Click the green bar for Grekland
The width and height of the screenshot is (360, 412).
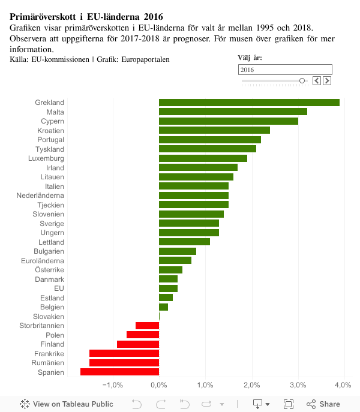click(x=249, y=103)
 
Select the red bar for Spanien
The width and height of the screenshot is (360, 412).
click(x=119, y=372)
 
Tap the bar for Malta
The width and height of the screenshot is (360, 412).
click(x=233, y=112)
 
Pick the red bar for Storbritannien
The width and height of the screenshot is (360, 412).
click(x=147, y=326)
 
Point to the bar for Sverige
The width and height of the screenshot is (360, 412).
click(x=189, y=223)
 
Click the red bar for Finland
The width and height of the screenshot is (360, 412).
click(x=138, y=344)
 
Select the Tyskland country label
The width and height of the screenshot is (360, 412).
click(x=50, y=149)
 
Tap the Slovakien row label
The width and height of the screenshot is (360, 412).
click(x=48, y=317)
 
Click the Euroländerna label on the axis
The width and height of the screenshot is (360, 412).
click(x=41, y=261)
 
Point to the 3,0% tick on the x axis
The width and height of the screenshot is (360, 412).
click(x=298, y=384)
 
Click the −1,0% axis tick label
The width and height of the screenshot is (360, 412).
click(x=112, y=384)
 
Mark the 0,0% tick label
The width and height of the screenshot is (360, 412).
click(x=159, y=384)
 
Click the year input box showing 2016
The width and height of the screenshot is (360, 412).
click(x=285, y=70)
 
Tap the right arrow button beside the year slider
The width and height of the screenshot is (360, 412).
click(x=327, y=80)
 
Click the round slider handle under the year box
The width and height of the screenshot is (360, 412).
click(x=302, y=80)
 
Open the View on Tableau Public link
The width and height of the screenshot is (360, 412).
click(x=67, y=404)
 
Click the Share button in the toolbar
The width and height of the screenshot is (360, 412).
click(x=323, y=404)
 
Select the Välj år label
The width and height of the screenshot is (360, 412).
click(x=250, y=58)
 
